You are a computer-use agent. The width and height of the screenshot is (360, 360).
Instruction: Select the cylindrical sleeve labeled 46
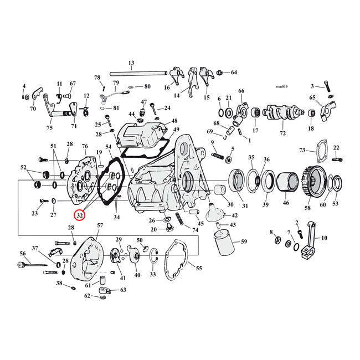pyautogui.click(x=286, y=182)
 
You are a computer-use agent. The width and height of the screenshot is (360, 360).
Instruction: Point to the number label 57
pyautogui.click(x=100, y=225)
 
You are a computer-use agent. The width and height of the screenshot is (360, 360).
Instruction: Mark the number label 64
pyautogui.click(x=233, y=73)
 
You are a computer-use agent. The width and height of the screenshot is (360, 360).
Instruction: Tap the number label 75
pyautogui.click(x=49, y=128)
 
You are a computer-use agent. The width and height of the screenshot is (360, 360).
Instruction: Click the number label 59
pyautogui.click(x=244, y=241)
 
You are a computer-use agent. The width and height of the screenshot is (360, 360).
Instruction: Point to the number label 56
pyautogui.click(x=23, y=254)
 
